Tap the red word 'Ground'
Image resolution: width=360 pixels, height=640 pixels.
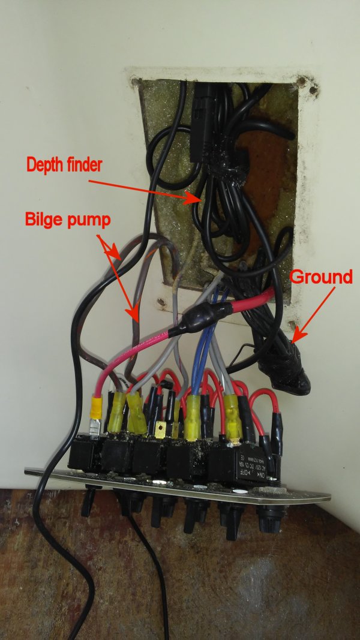320,277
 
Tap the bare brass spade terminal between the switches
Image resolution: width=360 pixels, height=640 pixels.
160,429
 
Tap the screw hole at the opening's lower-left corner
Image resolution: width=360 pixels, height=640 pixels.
160,304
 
